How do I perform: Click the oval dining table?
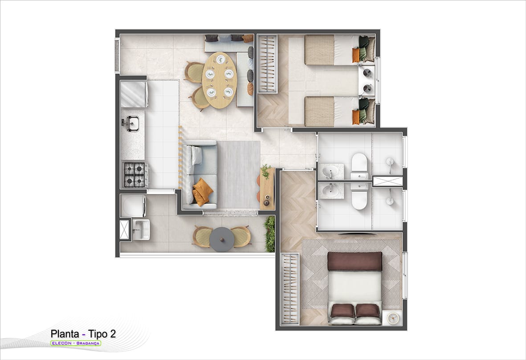(x=220, y=81)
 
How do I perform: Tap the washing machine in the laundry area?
(x=133, y=206)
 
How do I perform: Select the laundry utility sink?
(x=141, y=230)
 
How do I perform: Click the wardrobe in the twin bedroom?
(x=268, y=64)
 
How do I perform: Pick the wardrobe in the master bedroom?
(x=290, y=289)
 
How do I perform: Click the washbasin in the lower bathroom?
(x=331, y=191)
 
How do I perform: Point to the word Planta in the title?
(x=65, y=334)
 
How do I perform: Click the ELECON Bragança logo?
(x=75, y=343)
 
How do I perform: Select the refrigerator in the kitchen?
(x=134, y=94)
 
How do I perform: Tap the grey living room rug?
(x=239, y=175)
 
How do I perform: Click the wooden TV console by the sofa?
(x=267, y=189)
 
